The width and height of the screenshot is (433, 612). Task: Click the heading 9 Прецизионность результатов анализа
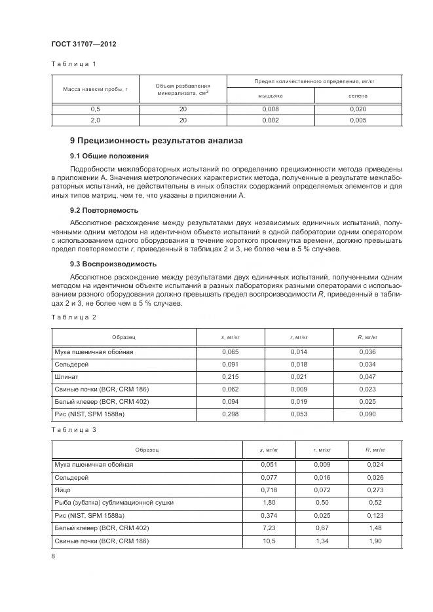click(x=156, y=140)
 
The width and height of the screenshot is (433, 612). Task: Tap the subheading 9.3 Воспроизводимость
click(x=113, y=264)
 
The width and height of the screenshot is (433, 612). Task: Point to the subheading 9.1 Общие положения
click(x=109, y=156)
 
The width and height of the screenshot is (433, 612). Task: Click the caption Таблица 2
click(x=74, y=317)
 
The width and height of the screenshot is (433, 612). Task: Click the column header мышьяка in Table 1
click(x=270, y=96)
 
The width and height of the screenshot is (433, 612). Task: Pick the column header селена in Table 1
click(x=358, y=96)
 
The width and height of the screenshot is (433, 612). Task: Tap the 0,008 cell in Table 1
click(x=270, y=109)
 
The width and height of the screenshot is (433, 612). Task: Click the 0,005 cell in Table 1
click(x=358, y=120)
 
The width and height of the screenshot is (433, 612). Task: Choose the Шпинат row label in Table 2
click(x=67, y=376)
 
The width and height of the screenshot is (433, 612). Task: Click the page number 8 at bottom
click(x=52, y=556)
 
